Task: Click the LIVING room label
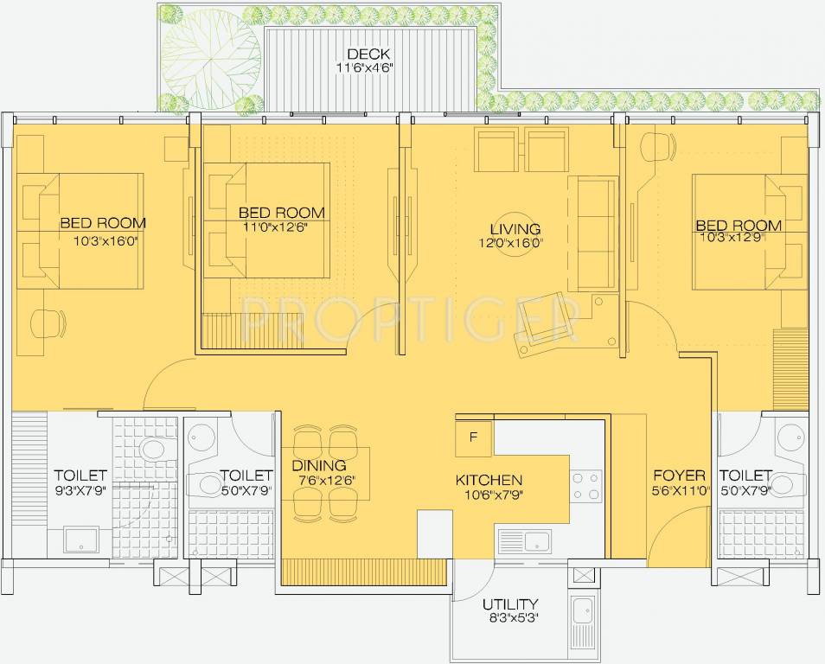click(515, 229)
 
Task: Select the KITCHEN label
click(489, 481)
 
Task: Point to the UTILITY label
click(510, 604)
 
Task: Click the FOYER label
click(679, 476)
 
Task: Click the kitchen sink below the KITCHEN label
click(528, 542)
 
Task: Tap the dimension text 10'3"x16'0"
click(106, 241)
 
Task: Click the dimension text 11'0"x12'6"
click(276, 227)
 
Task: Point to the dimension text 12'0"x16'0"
click(515, 244)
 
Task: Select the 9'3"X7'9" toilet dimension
click(80, 490)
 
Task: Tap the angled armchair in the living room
click(547, 326)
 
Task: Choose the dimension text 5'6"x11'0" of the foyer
click(679, 490)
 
